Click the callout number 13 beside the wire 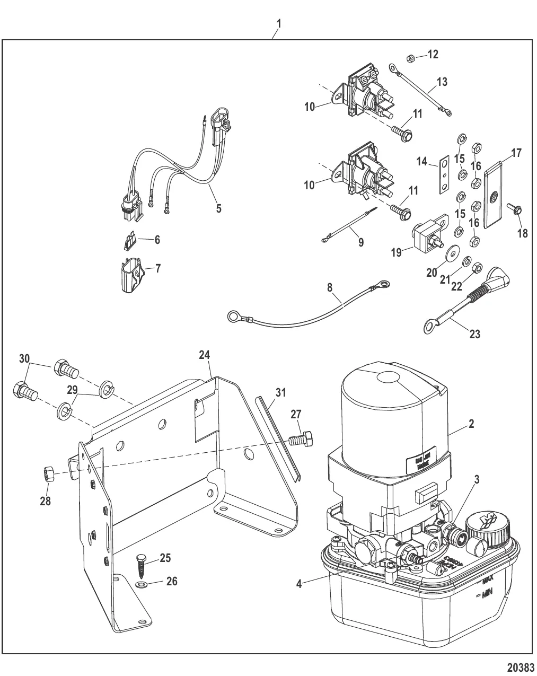[x=442, y=82]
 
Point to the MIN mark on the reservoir [x=487, y=600]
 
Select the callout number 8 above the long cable [x=330, y=288]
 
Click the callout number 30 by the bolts [x=24, y=358]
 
